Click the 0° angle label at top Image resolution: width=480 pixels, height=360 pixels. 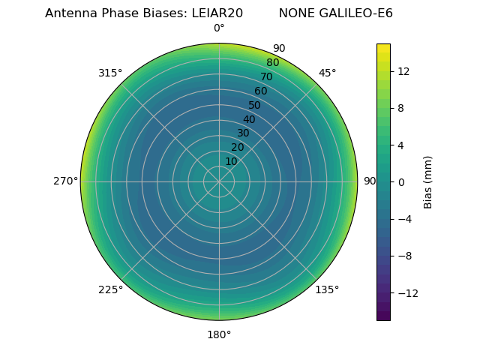point(219,28)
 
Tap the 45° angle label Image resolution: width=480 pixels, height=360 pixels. point(327,73)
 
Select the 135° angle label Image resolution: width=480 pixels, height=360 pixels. point(327,289)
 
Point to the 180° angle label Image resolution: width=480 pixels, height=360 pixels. point(219,334)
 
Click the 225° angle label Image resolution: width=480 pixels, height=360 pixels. point(110,289)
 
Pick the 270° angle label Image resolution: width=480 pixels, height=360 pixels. point(66,181)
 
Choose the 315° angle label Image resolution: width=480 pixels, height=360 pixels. point(110,73)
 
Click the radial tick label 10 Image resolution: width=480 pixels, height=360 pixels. point(231,161)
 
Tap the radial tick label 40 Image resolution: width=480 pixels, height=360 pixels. point(249,119)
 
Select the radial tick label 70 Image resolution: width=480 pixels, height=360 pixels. point(266,76)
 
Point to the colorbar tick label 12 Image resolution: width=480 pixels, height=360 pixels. point(403,71)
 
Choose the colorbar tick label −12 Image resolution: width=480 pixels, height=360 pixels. point(406,292)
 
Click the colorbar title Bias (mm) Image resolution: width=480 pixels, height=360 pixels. point(428,181)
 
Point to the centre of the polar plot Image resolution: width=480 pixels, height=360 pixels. point(219,181)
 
